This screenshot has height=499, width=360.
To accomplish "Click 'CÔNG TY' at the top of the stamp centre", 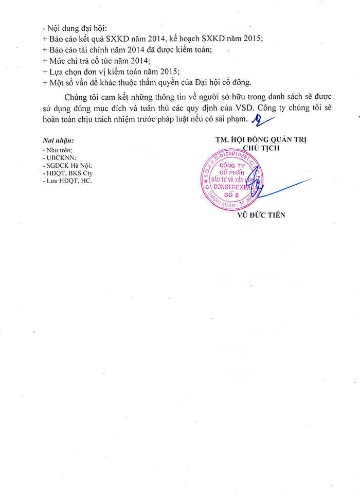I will click(232, 166).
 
